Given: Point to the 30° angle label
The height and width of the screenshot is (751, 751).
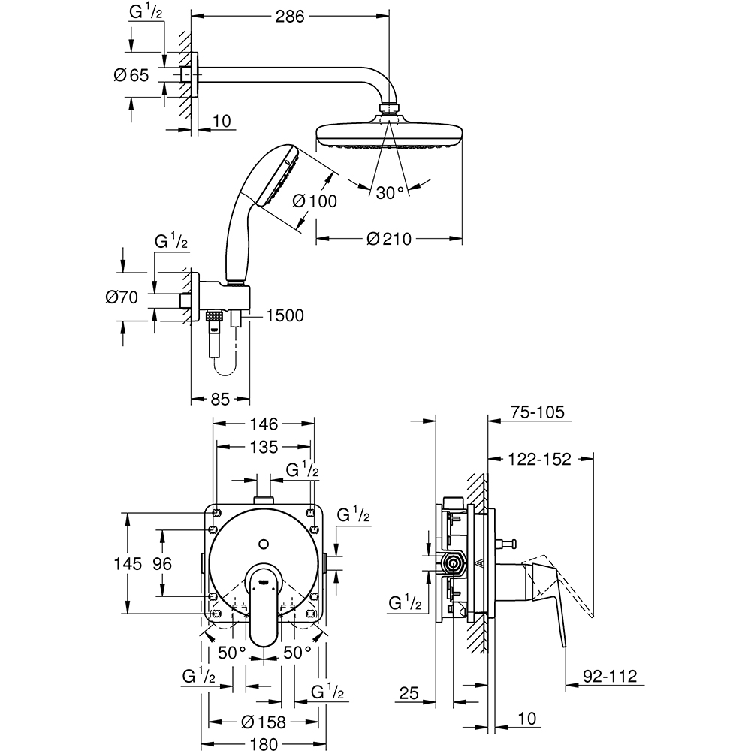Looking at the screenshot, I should (391, 193).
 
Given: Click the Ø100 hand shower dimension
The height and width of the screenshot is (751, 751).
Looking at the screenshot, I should (314, 201).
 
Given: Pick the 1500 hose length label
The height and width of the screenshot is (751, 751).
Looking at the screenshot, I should (283, 315).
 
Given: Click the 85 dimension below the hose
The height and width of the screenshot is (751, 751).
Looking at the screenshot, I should (219, 400).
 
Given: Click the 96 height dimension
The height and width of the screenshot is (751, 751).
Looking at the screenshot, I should (162, 563).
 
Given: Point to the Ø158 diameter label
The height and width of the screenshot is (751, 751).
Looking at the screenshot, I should (264, 722).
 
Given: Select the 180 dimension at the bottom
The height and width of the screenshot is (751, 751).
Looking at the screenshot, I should (264, 743).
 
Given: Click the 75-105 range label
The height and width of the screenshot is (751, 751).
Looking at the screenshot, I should (536, 412).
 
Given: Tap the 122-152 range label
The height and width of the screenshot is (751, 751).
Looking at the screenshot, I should (538, 460).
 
